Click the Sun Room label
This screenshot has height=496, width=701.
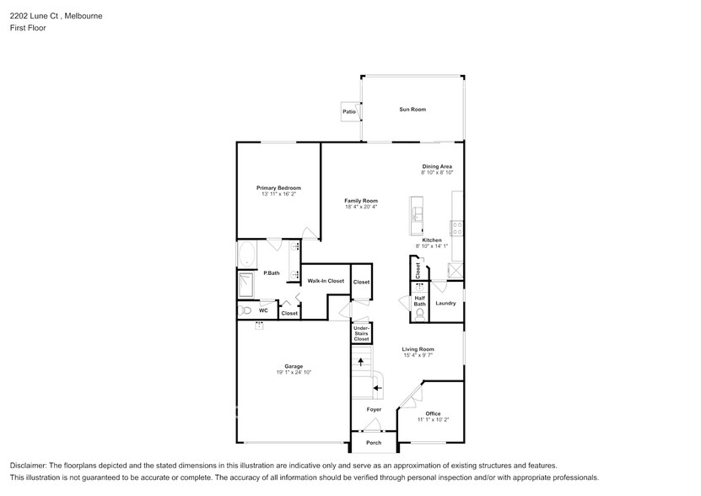click(x=412, y=110)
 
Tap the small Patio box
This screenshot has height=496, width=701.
click(x=349, y=111)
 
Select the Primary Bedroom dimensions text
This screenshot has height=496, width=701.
click(x=278, y=194)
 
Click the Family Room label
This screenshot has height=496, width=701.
click(x=361, y=201)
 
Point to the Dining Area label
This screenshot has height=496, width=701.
click(x=437, y=167)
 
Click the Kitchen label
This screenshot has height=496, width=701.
click(x=432, y=240)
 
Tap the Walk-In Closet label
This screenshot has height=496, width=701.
click(x=325, y=281)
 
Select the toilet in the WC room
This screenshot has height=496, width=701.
click(x=245, y=310)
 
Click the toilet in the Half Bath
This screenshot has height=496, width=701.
click(x=419, y=315)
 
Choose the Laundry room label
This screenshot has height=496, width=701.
click(x=445, y=304)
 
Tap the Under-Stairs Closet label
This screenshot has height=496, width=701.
click(x=361, y=333)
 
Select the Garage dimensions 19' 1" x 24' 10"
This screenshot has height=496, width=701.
click(x=294, y=372)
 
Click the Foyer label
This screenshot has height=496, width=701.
click(x=374, y=410)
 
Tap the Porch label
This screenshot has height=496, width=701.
click(x=374, y=443)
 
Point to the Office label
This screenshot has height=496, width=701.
click(x=433, y=413)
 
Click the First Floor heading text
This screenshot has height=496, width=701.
click(x=28, y=28)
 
